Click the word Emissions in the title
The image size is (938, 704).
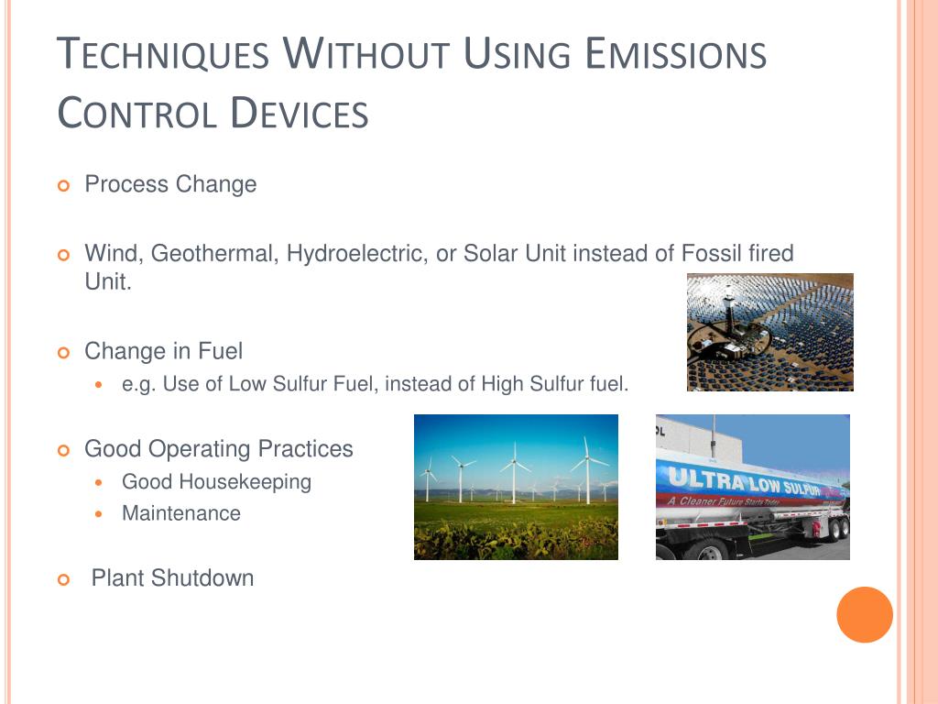pyautogui.click(x=675, y=54)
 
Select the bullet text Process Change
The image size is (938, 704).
pyautogui.click(x=170, y=184)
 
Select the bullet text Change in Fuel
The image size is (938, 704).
pyautogui.click(x=163, y=351)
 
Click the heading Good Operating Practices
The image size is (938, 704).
pyautogui.click(x=218, y=449)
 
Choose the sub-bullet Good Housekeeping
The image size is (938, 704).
pyautogui.click(x=216, y=482)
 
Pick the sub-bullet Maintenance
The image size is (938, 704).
pyautogui.click(x=181, y=514)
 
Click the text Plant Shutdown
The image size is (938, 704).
pyautogui.click(x=172, y=578)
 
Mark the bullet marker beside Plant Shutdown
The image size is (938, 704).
pyautogui.click(x=63, y=579)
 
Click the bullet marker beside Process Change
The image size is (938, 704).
pyautogui.click(x=63, y=186)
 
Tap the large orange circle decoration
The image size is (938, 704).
pyautogui.click(x=864, y=614)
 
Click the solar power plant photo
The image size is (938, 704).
pyautogui.click(x=769, y=332)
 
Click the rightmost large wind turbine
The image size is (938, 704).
pyautogui.click(x=585, y=467)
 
